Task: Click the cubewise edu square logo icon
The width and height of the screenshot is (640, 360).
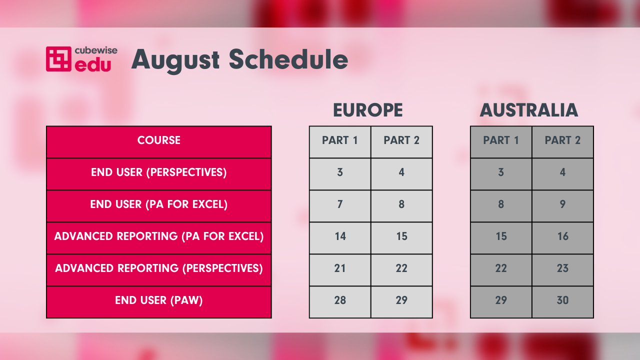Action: (58, 59)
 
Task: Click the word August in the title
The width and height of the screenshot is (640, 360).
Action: (175, 60)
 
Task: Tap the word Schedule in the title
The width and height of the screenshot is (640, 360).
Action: (288, 59)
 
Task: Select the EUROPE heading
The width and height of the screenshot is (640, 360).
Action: (367, 110)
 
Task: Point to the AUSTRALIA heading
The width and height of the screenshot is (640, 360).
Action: (529, 110)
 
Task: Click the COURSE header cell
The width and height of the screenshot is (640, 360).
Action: (159, 142)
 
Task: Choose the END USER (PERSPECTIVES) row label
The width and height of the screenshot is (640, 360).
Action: (159, 172)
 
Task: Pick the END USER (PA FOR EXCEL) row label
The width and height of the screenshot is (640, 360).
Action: (159, 204)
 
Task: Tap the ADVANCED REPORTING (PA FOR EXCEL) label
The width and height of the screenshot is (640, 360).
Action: (159, 236)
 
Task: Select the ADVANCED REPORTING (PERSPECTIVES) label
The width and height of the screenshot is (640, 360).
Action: (159, 268)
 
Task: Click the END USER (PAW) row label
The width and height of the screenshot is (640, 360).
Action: (159, 300)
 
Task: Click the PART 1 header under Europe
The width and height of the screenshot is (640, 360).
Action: (340, 142)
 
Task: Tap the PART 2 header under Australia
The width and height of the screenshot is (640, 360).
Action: (562, 142)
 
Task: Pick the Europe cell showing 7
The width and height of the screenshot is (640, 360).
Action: (340, 206)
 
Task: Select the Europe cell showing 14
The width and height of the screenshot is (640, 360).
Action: (340, 238)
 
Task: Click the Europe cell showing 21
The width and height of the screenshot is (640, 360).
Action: (340, 270)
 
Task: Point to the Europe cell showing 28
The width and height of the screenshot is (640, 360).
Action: (340, 302)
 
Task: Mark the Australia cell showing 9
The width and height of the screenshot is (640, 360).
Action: (562, 206)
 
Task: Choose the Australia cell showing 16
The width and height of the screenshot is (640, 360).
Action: (562, 238)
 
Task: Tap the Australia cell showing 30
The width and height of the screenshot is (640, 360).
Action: (562, 302)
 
